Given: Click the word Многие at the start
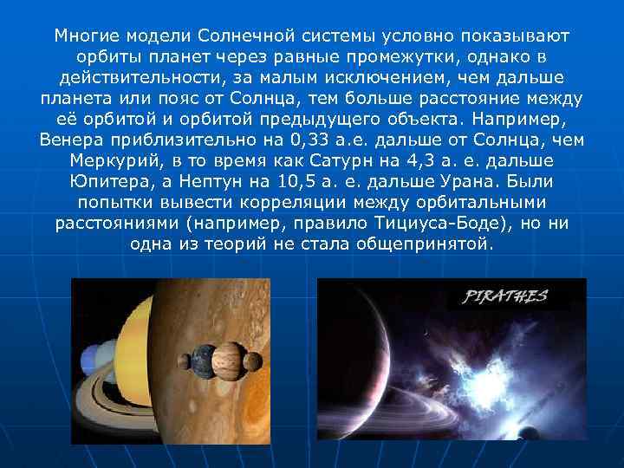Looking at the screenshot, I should click(86, 36).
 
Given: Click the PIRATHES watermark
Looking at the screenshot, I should click(507, 296).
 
